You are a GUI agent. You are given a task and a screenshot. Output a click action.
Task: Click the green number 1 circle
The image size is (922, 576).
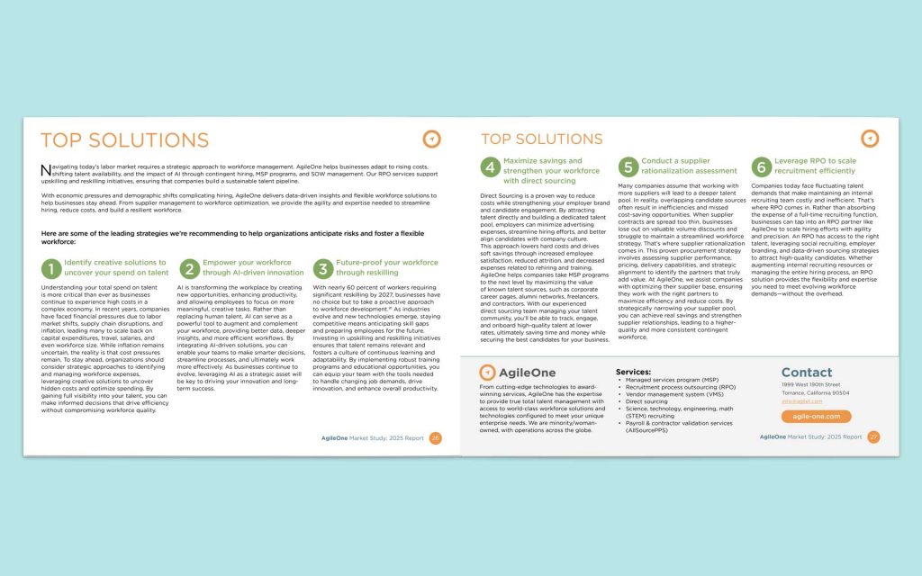coord(51,268)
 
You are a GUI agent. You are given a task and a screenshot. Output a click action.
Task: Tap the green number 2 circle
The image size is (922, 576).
coord(189,268)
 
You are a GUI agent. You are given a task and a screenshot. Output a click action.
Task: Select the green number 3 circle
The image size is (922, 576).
coord(322,268)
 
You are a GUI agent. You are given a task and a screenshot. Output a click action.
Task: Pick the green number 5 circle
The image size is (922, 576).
coord(628,166)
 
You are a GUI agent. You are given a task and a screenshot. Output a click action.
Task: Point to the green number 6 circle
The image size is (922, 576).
coord(761,166)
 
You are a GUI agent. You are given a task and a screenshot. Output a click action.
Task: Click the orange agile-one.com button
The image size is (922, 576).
coord(816,417)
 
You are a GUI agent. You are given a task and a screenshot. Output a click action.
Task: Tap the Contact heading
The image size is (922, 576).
coord(807,373)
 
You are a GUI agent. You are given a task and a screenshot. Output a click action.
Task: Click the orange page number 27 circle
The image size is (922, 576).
coord(873,436)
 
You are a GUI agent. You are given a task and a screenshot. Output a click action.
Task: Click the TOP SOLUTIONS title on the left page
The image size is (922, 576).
coord(124,140)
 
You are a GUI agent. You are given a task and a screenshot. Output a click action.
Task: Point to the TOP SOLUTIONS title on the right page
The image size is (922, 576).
coord(541,139)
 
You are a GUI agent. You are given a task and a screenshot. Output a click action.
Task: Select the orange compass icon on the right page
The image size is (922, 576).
coord(869,138)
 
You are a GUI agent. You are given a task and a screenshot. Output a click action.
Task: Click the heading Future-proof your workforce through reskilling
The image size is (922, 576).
coord(387,267)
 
